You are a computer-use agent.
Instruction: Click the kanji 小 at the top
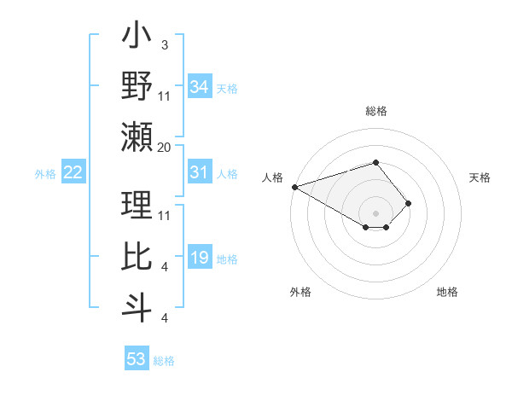click(x=137, y=39)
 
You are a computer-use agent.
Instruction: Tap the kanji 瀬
click(x=137, y=136)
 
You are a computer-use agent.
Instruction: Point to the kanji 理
click(x=137, y=205)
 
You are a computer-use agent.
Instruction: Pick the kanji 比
click(x=137, y=255)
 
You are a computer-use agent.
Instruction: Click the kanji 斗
click(x=137, y=305)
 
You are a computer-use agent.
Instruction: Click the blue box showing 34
click(x=199, y=86)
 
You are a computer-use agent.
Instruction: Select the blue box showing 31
click(x=199, y=173)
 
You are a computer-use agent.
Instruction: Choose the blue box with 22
click(x=73, y=173)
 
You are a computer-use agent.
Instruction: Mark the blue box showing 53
click(x=137, y=359)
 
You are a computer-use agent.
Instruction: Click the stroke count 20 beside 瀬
click(x=164, y=147)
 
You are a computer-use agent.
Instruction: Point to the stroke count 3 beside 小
click(x=164, y=44)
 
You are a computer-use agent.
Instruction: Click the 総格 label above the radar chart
click(x=375, y=111)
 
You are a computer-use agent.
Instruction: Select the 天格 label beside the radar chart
click(x=480, y=177)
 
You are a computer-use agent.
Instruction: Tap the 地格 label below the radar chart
click(x=447, y=292)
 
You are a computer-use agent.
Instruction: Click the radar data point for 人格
click(x=294, y=186)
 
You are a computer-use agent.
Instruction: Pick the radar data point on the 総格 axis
click(x=375, y=162)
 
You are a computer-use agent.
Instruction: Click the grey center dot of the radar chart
click(x=375, y=212)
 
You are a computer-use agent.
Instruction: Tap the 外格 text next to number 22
click(x=45, y=174)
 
